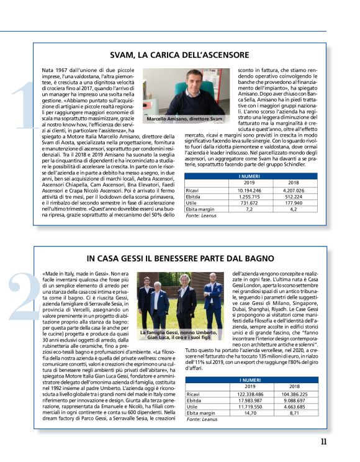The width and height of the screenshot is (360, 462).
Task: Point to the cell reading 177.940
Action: coord(289,202)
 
